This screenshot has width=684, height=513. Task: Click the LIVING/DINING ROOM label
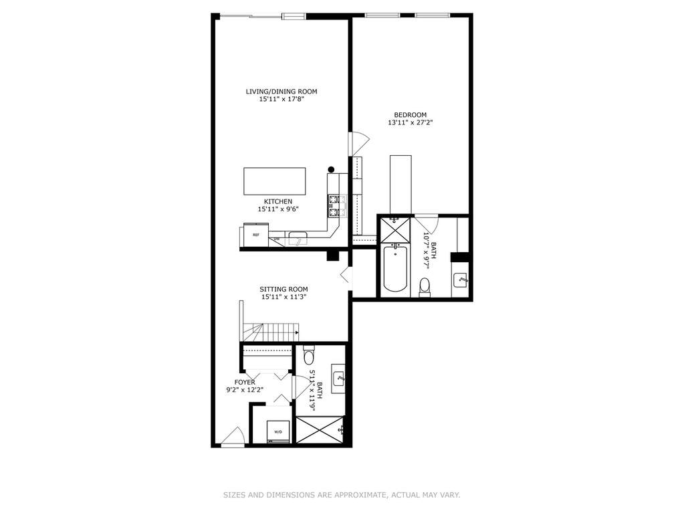[281, 92]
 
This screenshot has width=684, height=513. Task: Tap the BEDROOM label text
[410, 115]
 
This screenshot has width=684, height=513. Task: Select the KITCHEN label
[278, 201]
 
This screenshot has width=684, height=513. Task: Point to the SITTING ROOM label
[283, 289]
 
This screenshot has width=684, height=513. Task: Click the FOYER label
[245, 382]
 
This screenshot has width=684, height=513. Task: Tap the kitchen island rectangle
[274, 181]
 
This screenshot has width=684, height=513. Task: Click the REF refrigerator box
[255, 235]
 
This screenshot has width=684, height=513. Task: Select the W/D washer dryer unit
[278, 431]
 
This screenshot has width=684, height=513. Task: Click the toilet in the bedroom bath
[425, 287]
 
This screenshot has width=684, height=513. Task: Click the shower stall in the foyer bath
[320, 430]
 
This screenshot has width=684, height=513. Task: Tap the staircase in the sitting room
[269, 332]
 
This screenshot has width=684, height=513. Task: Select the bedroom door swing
[360, 143]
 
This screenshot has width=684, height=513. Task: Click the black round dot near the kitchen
[331, 169]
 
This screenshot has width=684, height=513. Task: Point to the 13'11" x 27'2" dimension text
[410, 122]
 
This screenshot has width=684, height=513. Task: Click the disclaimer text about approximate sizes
[342, 495]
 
